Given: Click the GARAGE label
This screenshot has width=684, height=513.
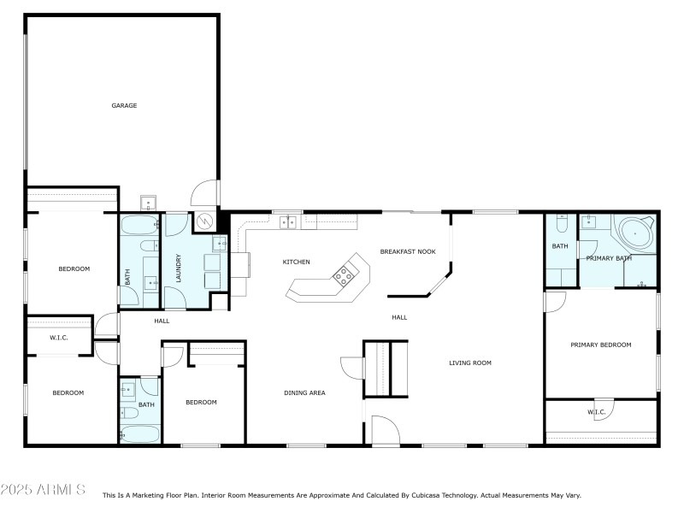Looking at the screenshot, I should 124,106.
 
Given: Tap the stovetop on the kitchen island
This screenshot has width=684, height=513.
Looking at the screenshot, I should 344,274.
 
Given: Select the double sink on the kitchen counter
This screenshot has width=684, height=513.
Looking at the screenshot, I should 288,223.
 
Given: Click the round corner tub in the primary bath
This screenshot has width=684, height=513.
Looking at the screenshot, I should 635,233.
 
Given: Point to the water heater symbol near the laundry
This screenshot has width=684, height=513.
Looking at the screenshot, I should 206,221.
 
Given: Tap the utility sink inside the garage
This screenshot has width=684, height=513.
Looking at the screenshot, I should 149,203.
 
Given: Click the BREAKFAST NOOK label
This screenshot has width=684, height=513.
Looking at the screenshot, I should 408,252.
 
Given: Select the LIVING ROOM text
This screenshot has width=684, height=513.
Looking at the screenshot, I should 470,363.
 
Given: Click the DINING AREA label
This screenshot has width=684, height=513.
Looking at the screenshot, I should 304,393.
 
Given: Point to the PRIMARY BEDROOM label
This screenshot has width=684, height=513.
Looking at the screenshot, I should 601,345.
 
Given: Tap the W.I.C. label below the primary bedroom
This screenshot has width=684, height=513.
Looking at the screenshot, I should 596,412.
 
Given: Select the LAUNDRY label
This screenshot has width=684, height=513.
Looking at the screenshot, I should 180,268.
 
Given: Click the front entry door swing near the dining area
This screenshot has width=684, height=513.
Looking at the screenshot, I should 384,430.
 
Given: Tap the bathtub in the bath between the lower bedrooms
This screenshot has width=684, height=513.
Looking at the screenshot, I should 138,433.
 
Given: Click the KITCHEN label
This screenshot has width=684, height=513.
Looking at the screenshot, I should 296,262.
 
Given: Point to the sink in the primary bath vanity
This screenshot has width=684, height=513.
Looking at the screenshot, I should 590,223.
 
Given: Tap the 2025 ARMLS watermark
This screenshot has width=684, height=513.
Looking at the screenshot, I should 43,490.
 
